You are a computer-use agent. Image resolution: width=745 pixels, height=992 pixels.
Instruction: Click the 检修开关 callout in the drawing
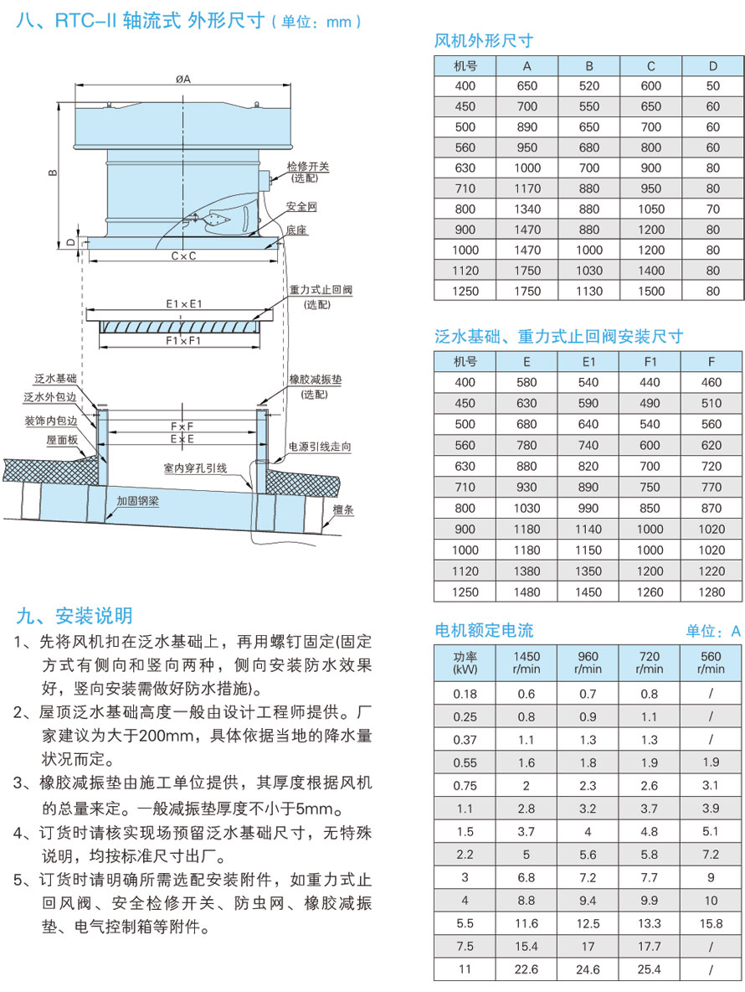[x=308, y=167]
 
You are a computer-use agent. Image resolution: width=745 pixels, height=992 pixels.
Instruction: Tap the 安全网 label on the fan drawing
[x=301, y=205]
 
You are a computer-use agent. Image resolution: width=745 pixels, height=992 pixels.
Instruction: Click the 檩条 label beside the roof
[x=339, y=509]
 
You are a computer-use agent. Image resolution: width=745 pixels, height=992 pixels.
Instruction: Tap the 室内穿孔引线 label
[x=195, y=468]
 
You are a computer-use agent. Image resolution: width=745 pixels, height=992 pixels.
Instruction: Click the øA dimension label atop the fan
[x=183, y=80]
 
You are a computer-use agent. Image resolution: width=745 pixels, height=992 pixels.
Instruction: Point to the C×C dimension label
[x=183, y=256]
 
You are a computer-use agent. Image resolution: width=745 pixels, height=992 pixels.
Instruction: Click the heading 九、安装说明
[x=74, y=617]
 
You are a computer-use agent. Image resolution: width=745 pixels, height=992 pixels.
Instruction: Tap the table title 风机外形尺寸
[x=484, y=40]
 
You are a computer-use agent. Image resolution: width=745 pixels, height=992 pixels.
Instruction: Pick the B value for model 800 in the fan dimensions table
[x=589, y=209]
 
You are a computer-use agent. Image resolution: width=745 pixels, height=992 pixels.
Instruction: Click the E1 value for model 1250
[x=589, y=592]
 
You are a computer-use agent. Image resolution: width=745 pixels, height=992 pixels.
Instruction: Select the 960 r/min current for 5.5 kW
[x=589, y=923]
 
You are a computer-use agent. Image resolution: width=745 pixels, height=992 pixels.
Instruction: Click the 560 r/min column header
[x=712, y=663]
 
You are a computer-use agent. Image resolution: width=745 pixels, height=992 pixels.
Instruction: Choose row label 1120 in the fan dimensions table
[x=465, y=271]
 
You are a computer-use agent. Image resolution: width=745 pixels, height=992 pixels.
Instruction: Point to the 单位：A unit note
[x=713, y=632]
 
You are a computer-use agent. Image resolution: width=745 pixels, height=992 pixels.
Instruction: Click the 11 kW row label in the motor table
[x=465, y=969]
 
